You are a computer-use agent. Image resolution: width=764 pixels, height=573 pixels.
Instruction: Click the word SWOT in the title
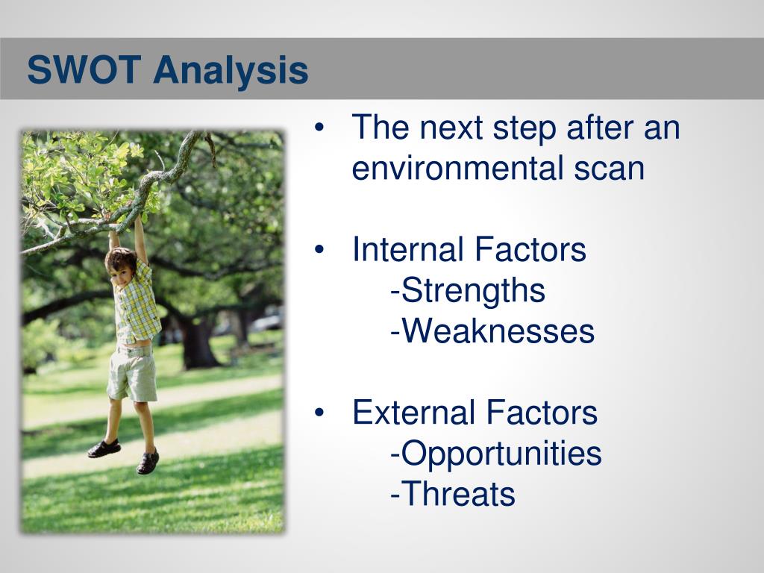84,69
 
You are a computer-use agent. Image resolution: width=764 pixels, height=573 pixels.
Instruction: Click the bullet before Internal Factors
319,250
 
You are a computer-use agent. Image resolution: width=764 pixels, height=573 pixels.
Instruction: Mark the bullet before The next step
319,128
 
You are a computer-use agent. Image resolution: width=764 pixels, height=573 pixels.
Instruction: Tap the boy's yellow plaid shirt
137,304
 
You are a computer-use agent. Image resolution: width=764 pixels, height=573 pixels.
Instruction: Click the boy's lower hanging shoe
148,461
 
